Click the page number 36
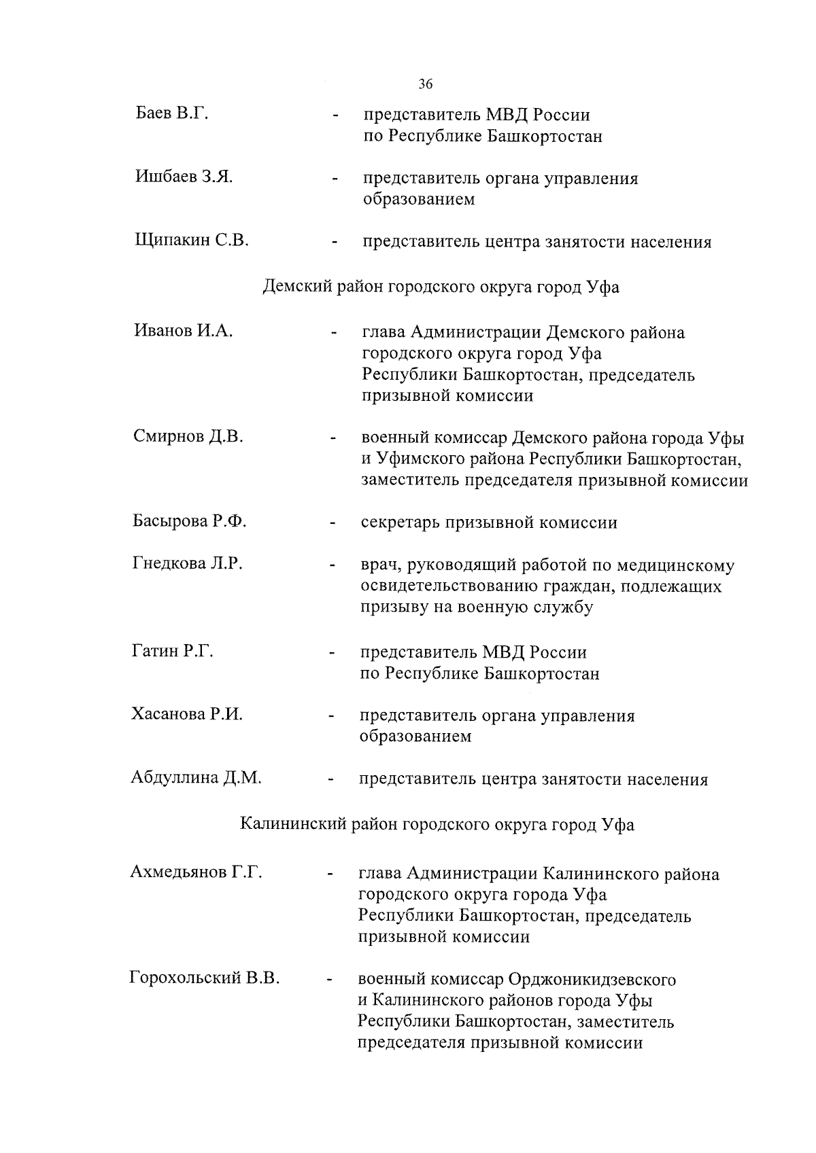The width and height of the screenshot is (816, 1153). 425,84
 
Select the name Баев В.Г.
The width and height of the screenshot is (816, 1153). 171,113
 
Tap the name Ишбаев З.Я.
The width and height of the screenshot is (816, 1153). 184,177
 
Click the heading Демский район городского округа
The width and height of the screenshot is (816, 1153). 441,287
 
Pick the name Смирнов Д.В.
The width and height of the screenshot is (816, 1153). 188,436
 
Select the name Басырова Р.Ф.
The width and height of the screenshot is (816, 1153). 189,521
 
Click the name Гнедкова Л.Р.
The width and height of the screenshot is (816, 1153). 187,563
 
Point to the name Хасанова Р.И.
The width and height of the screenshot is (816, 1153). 186,713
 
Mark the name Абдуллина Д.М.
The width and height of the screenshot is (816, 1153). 196,777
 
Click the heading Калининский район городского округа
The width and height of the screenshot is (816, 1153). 437,824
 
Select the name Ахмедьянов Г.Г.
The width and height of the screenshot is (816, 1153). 196,872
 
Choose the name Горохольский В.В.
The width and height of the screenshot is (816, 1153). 204,978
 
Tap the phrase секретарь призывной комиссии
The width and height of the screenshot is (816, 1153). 489,522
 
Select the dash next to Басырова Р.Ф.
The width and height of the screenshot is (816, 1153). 333,524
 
